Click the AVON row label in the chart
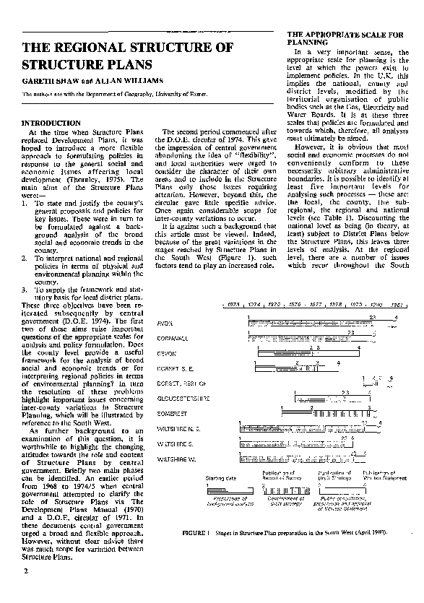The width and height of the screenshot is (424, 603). pos(165,322)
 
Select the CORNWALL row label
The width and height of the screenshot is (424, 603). pos(173,337)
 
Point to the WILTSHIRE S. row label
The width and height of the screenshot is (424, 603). pos(176,443)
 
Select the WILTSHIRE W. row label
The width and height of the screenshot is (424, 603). pos(176,459)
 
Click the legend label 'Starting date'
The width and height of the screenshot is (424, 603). pos(221,478)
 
